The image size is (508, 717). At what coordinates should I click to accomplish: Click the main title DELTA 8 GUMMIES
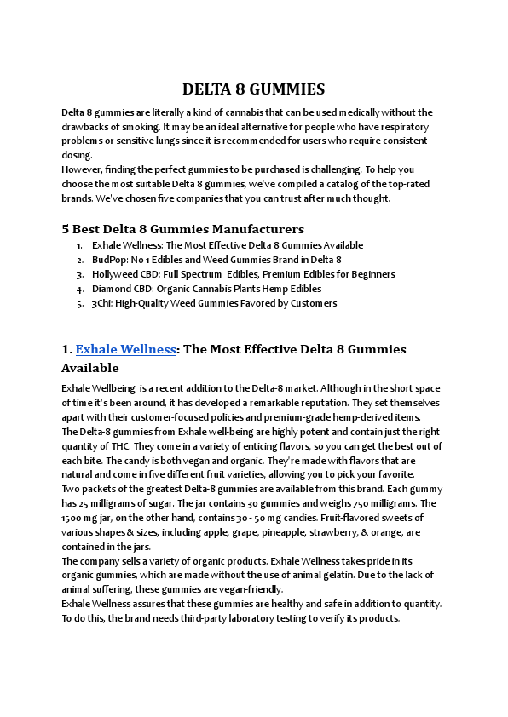point(253,89)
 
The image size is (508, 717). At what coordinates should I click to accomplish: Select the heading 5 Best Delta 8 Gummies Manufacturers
point(182,229)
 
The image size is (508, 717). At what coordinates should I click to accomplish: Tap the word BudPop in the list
point(107,260)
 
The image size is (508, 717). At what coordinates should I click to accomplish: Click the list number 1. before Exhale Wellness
point(79,245)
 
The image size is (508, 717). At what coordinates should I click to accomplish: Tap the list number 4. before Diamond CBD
point(79,289)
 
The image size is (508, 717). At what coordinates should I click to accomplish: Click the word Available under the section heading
point(90,369)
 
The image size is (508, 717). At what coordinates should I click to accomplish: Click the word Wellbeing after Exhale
point(116,389)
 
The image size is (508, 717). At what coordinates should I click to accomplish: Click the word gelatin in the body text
point(354,576)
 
